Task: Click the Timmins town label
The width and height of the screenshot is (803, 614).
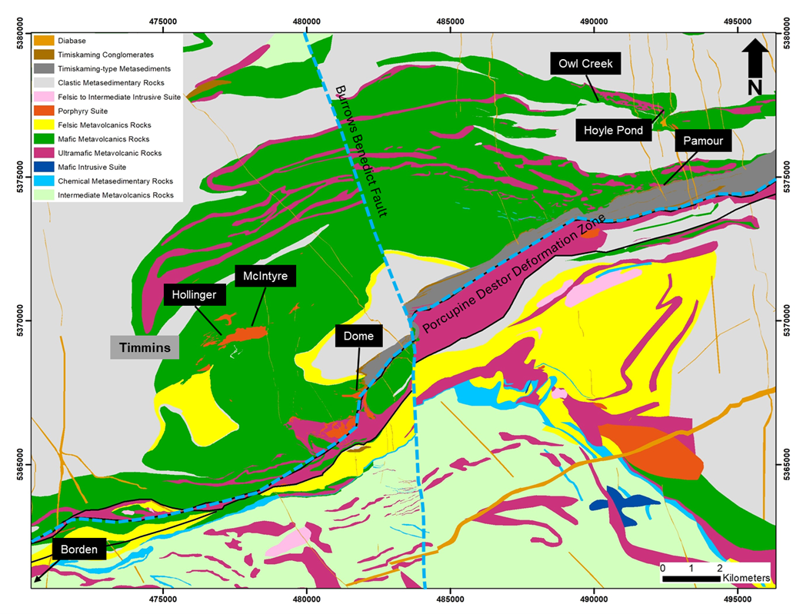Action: [145, 348]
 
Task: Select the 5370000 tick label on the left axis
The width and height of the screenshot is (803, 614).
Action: [21, 320]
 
